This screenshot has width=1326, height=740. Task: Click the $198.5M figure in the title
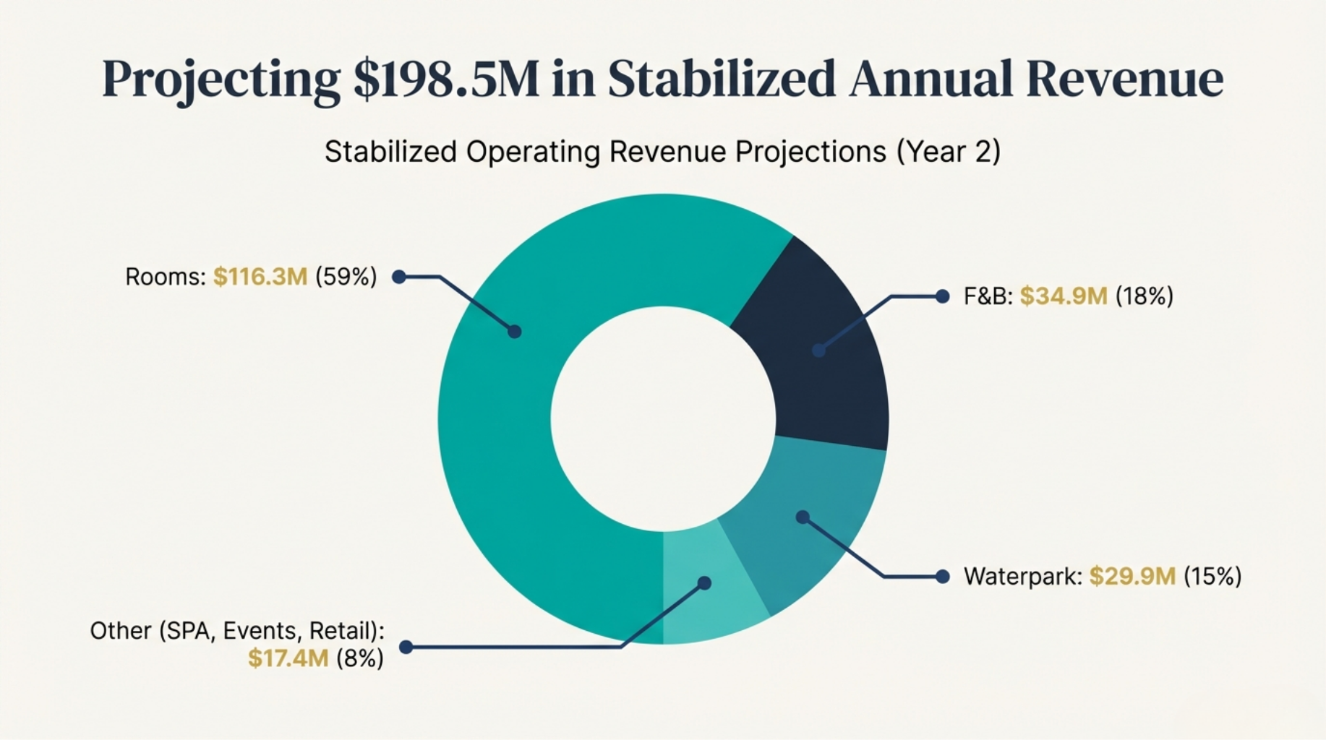pyautogui.click(x=446, y=79)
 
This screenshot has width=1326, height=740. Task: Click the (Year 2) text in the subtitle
pyautogui.click(x=949, y=152)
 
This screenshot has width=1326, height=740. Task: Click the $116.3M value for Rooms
pyautogui.click(x=260, y=277)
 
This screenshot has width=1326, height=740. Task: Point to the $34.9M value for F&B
pyautogui.click(x=1063, y=296)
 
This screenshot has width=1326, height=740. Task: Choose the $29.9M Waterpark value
pyautogui.click(x=1132, y=577)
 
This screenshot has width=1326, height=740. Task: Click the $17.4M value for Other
pyautogui.click(x=288, y=658)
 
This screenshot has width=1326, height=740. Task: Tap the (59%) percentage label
pyautogui.click(x=346, y=277)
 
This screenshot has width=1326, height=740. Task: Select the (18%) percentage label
pyautogui.click(x=1144, y=296)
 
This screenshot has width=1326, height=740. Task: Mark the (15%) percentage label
pyautogui.click(x=1212, y=577)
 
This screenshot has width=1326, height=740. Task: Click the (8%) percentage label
pyautogui.click(x=359, y=658)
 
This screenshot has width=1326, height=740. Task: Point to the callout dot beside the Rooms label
pyautogui.click(x=398, y=277)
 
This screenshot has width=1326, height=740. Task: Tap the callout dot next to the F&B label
pyautogui.click(x=942, y=296)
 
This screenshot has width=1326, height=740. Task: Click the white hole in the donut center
pyautogui.click(x=663, y=418)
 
